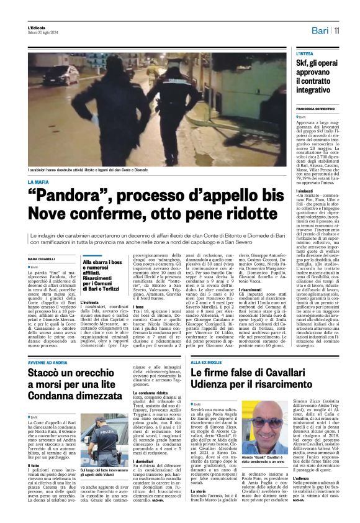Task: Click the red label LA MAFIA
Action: (x=38, y=181)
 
